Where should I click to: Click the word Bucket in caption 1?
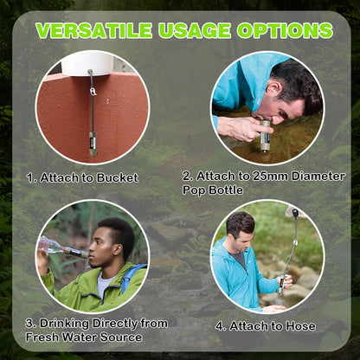coord(119,178)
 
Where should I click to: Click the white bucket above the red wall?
coord(88,62)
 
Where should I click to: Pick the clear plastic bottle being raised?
coord(54,246)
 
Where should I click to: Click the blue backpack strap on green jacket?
coord(131,277)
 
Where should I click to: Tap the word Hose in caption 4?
coord(300,326)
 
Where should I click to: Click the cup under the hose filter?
coord(276,308)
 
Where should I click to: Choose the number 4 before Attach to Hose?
coord(220,326)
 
